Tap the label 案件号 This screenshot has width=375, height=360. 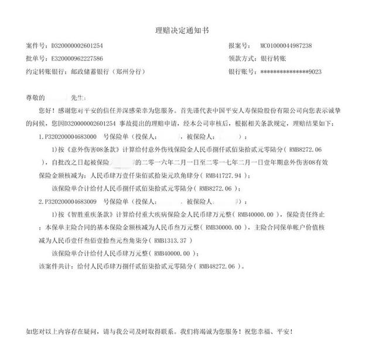click(x=36, y=46)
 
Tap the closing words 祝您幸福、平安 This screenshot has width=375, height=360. click(x=271, y=331)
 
